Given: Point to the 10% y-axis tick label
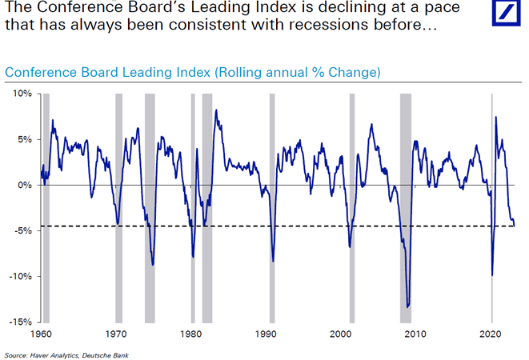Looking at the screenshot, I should (x=21, y=94).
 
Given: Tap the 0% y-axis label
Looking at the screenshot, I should (x=24, y=185).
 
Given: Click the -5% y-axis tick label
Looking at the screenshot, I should (x=22, y=230).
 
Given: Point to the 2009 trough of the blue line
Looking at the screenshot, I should (x=407, y=306).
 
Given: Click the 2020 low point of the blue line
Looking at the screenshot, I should (x=491, y=275).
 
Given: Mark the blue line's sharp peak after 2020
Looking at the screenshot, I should (x=496, y=118).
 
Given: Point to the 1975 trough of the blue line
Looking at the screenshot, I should (x=152, y=264).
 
